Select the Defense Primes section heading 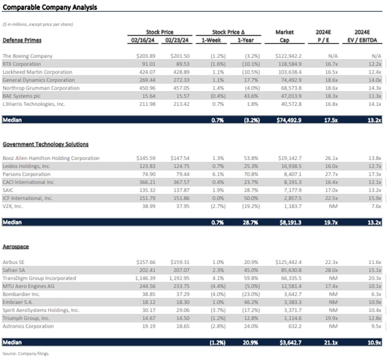23,39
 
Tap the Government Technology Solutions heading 46,144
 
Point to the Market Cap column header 285,35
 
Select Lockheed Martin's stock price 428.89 179,72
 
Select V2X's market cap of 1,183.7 290,206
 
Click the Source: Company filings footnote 25,353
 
